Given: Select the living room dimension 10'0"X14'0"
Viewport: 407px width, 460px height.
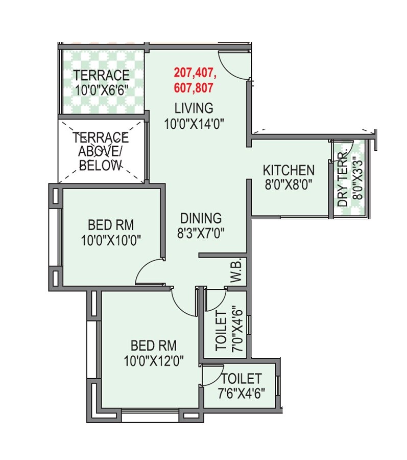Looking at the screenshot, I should pyautogui.click(x=195, y=123).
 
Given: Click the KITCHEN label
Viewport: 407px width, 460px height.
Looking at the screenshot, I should pyautogui.click(x=289, y=170).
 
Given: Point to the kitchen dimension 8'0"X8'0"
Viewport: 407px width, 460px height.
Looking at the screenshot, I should pyautogui.click(x=289, y=185).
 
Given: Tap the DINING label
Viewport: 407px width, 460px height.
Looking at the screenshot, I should pyautogui.click(x=199, y=218).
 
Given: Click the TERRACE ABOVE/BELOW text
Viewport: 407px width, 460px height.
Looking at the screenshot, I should pyautogui.click(x=101, y=151).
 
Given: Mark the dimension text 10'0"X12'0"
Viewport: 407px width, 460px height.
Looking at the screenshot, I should pyautogui.click(x=153, y=360).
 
